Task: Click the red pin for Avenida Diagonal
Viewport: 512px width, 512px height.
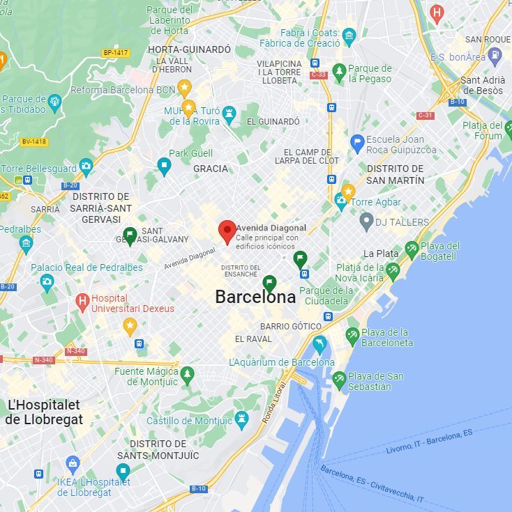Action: [x=227, y=231]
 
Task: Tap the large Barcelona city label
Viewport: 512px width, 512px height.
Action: [x=255, y=297]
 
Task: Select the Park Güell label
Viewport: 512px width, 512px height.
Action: [x=191, y=153]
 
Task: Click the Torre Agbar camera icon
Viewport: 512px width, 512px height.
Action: [x=340, y=202]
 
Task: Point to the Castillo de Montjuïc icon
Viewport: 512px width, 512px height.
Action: [x=241, y=420]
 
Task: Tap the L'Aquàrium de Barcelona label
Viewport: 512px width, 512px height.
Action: [x=281, y=362]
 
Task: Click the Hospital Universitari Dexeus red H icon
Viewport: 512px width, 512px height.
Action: [x=82, y=302]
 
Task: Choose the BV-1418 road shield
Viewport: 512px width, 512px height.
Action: [x=34, y=141]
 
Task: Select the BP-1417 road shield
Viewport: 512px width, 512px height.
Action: [x=116, y=53]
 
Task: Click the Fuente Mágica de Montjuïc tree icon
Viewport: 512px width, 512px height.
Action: [x=186, y=376]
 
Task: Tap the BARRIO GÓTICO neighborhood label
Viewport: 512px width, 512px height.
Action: [x=291, y=326]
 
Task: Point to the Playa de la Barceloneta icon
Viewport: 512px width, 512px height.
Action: [x=352, y=336]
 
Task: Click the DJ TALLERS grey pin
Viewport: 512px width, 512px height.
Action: [x=366, y=222]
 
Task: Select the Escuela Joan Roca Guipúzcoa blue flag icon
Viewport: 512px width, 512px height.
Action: [x=357, y=144]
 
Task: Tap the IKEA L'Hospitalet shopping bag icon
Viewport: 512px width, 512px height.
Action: [x=73, y=463]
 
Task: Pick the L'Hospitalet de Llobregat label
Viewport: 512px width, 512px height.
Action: [x=44, y=412]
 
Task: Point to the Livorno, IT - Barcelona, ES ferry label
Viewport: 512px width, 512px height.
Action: [x=429, y=442]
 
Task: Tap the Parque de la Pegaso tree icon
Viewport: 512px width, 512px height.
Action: [x=339, y=72]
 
